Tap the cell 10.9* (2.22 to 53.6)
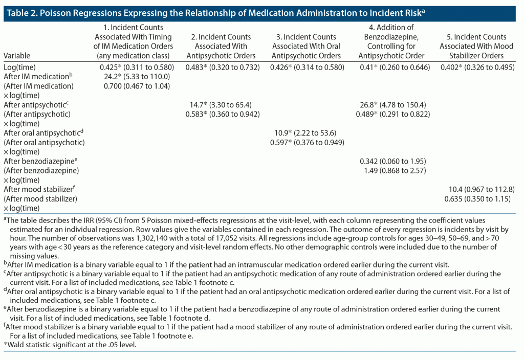305,133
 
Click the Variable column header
17,55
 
